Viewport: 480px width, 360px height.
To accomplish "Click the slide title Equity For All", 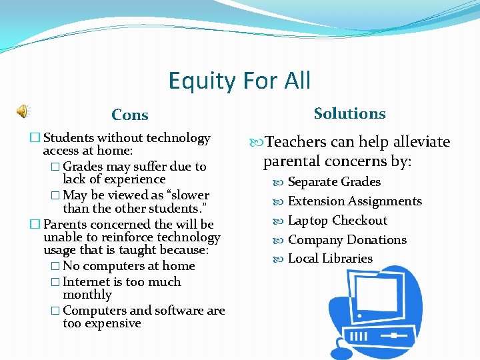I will pyautogui.click(x=239, y=81).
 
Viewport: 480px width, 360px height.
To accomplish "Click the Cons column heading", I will pyautogui.click(x=130, y=115).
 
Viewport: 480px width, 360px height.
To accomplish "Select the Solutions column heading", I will pyautogui.click(x=349, y=113).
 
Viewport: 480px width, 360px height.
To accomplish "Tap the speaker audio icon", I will pyautogui.click(x=23, y=111).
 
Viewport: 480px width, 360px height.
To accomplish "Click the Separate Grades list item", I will pyautogui.click(x=334, y=182).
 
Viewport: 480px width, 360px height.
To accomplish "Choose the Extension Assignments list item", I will pyautogui.click(x=355, y=201).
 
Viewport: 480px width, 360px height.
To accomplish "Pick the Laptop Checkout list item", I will pyautogui.click(x=337, y=221).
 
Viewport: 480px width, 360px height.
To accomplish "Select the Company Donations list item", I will pyautogui.click(x=347, y=240).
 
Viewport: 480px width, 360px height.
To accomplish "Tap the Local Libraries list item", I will pyautogui.click(x=330, y=259).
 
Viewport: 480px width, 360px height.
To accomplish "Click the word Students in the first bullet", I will pyautogui.click(x=69, y=138).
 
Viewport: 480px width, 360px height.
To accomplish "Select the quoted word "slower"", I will pyautogui.click(x=187, y=195).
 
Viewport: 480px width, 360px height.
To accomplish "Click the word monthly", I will pyautogui.click(x=87, y=295).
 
